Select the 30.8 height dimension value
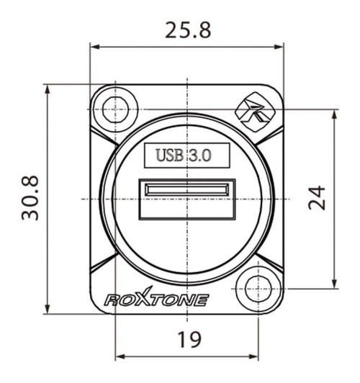pos(30,198)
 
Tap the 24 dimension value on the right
pos(318,197)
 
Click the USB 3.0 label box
pos(186,155)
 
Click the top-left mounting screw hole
pos(115,109)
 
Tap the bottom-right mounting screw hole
pos(257,287)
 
